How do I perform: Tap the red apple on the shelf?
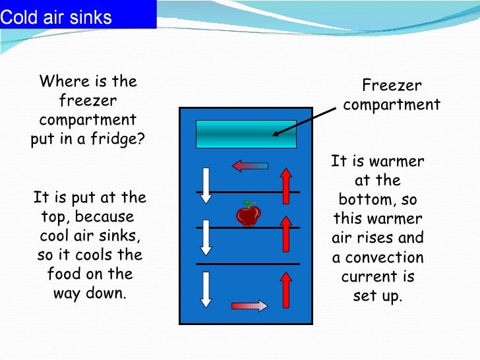tap(248, 215)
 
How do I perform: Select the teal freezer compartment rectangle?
tap(246, 134)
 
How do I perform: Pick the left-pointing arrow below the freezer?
tap(249, 165)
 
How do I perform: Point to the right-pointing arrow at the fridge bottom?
tap(249, 305)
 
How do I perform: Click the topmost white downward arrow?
tap(206, 185)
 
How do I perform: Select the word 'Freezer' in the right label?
tap(392, 85)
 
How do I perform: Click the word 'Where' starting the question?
tap(61, 82)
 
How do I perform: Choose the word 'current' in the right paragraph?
tap(377, 276)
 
